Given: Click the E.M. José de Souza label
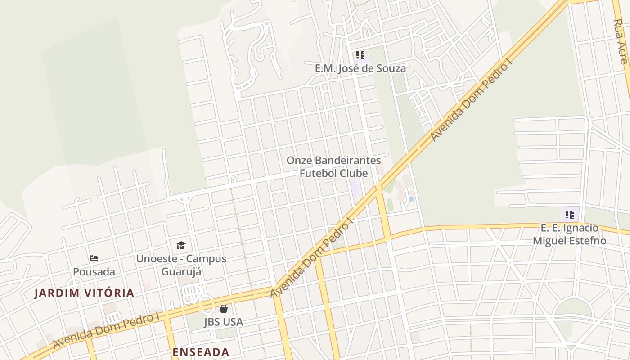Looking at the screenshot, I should (x=360, y=68).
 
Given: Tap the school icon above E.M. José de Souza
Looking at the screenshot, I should (x=360, y=55).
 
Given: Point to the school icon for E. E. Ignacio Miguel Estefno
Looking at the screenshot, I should (x=570, y=215).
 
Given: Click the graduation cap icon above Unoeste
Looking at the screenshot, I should (x=181, y=245).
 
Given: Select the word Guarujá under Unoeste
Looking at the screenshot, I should (x=181, y=272).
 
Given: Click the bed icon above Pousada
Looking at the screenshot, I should (x=94, y=258).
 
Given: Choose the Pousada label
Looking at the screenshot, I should (x=94, y=272).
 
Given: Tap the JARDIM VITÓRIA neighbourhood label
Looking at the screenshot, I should (x=85, y=293).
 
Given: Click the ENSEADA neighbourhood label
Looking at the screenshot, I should (x=201, y=352).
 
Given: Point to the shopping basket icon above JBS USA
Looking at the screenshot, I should (x=224, y=309).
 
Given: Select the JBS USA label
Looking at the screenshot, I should (x=224, y=322).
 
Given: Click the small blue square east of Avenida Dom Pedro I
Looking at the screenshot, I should (x=411, y=198).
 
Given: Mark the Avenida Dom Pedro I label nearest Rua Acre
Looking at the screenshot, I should (x=472, y=101).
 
